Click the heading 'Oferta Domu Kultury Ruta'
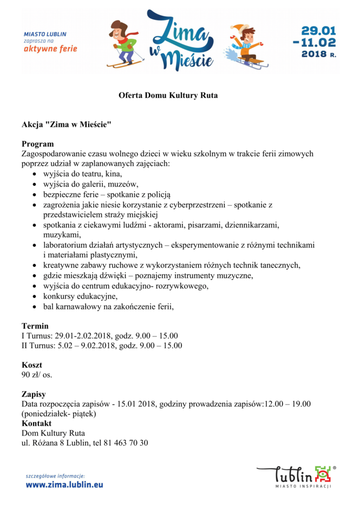(x=168, y=96)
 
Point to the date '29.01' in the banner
(x=318, y=30)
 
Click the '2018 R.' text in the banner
(x=318, y=54)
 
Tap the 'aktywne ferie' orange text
(x=50, y=49)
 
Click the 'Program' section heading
(x=37, y=144)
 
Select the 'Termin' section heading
(x=35, y=326)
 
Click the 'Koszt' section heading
(x=32, y=365)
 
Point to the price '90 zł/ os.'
(x=37, y=374)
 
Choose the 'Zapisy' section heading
(x=34, y=395)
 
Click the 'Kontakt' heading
(x=36, y=424)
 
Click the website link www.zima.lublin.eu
(x=64, y=485)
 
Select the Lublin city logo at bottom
(x=296, y=474)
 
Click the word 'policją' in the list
(x=159, y=194)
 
